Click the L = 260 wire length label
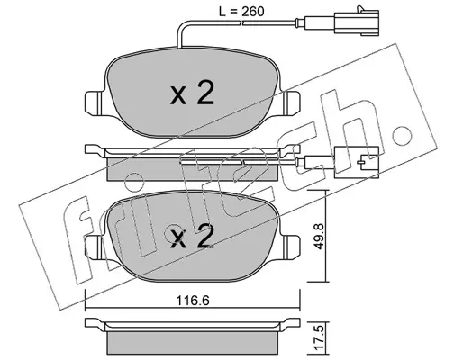241,12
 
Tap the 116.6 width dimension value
193,301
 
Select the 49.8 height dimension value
319,236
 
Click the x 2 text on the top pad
192,94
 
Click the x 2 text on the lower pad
192,237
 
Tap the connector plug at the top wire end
356,21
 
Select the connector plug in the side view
356,162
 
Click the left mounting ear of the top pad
94,103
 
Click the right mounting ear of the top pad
291,103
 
